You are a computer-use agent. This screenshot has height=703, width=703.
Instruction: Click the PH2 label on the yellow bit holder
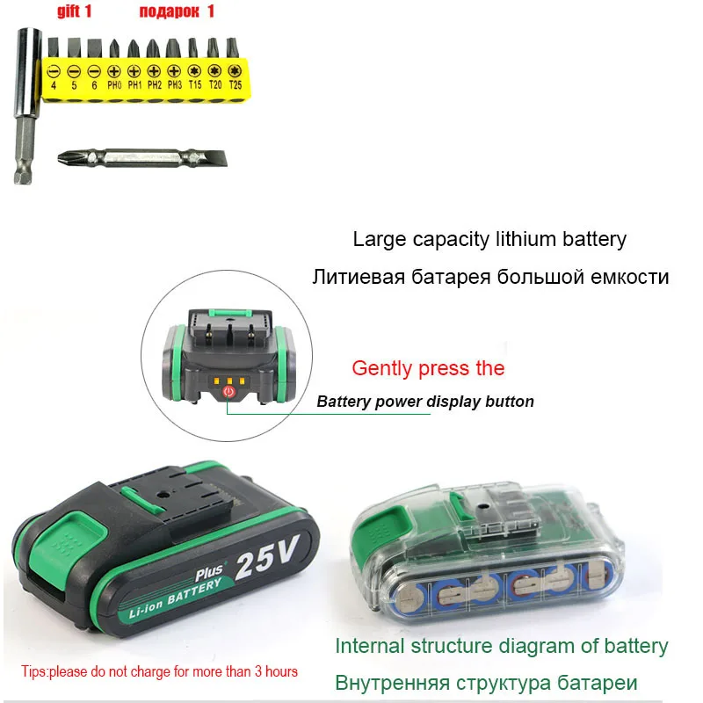(x=155, y=85)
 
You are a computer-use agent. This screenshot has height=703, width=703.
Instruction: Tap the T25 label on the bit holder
(x=235, y=85)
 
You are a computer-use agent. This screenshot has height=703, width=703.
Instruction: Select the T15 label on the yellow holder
(x=195, y=85)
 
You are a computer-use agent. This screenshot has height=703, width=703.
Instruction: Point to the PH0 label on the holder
(x=114, y=85)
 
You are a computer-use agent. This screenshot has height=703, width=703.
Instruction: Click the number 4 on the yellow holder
(x=54, y=85)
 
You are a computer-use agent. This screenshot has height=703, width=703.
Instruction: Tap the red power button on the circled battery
(x=229, y=393)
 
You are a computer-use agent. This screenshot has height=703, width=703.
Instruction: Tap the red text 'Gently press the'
(x=428, y=368)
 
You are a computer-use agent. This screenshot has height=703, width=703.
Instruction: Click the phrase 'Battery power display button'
(x=424, y=402)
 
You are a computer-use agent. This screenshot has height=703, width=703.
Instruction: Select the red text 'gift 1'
(x=75, y=11)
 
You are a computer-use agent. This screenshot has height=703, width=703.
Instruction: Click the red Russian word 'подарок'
(x=169, y=11)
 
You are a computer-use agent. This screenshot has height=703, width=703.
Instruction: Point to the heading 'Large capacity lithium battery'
(x=489, y=238)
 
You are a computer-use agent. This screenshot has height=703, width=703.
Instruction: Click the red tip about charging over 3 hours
(x=159, y=671)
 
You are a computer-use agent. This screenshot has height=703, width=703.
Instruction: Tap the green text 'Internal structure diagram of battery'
(x=501, y=646)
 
